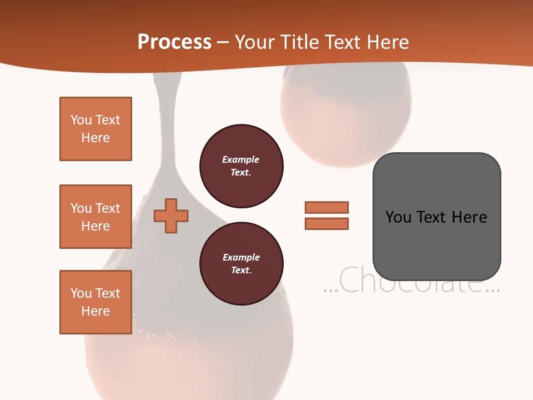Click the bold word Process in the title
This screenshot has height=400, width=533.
(174, 42)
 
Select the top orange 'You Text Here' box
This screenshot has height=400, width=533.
(95, 129)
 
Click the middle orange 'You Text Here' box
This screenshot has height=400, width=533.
(95, 217)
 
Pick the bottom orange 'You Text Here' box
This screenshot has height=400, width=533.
(95, 302)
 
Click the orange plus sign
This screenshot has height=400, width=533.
(171, 215)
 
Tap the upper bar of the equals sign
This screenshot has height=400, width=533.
(326, 207)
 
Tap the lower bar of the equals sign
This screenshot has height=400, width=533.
(326, 224)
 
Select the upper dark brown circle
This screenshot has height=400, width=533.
(241, 166)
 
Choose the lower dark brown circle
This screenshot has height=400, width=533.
(241, 264)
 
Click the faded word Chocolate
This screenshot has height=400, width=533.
(411, 281)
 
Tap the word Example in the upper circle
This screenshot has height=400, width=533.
(240, 159)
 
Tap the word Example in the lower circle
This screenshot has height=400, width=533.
(241, 257)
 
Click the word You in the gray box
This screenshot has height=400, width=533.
(398, 217)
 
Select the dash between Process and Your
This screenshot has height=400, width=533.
(223, 42)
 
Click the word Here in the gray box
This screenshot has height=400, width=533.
(469, 217)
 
